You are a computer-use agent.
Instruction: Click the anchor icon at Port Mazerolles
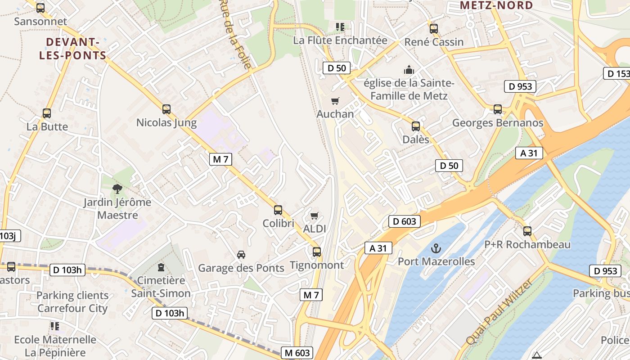coord(436,248)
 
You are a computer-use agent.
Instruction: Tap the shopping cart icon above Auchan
coord(335,101)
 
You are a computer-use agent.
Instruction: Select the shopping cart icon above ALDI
coord(314,216)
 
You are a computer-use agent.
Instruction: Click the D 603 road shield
coord(404,221)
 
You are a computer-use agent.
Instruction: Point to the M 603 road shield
coord(297,353)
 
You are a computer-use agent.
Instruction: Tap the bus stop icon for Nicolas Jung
coord(166,109)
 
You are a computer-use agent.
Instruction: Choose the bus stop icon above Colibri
coord(278,210)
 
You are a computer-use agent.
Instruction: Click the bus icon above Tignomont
coord(317,252)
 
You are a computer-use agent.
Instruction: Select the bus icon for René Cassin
coord(433,29)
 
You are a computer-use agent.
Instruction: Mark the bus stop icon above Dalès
coord(416,126)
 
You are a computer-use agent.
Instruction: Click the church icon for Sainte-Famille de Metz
coord(409,70)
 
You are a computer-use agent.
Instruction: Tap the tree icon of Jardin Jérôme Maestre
coord(117,189)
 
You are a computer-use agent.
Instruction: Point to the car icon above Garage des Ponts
coord(241,255)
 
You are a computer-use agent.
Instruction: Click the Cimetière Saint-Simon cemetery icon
coord(161,268)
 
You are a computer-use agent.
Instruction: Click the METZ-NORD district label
coord(496,5)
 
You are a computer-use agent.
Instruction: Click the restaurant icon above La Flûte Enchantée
coord(340,27)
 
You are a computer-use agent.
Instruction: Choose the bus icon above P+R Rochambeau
coord(527,231)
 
